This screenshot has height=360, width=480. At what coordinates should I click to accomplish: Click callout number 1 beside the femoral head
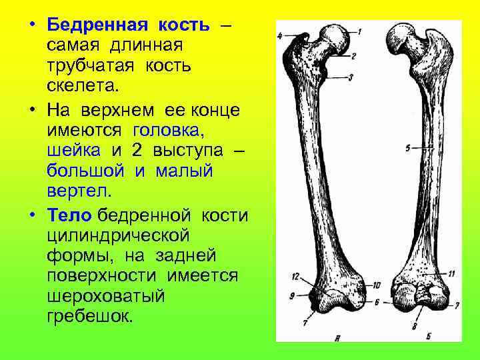click(359, 31)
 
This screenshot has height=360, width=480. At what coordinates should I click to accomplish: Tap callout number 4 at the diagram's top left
click(279, 34)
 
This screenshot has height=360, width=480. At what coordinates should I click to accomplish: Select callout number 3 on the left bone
click(351, 78)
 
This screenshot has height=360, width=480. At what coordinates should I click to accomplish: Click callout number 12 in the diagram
click(295, 275)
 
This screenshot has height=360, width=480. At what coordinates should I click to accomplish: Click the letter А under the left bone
click(339, 338)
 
